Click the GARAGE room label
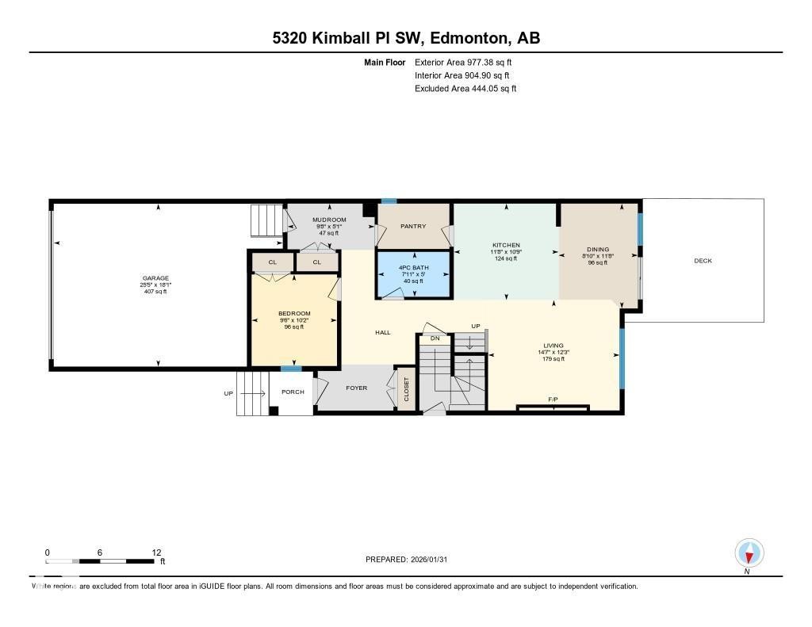155,278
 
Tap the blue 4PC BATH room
413,273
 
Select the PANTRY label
413,227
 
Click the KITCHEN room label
505,245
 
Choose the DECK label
703,260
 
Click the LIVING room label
553,346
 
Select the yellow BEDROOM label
294,314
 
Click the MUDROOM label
329,220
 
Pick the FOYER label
356,388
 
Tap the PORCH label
293,392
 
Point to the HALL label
383,333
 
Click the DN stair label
435,338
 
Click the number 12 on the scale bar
156,552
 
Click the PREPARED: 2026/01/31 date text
411,560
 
